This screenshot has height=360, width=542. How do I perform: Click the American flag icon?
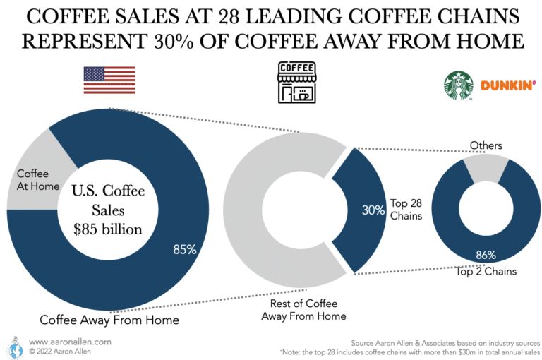tap(109, 80)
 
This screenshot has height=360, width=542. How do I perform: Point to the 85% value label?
tap(185, 248)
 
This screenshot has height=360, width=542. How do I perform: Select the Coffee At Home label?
tap(32, 179)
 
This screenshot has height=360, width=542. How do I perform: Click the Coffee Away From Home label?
tap(109, 320)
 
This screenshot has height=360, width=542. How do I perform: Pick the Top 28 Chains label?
tap(406, 210)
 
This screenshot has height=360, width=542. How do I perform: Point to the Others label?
tap(486, 146)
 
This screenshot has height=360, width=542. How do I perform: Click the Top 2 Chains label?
tap(486, 271)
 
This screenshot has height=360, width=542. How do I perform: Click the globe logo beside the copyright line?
tap(12, 344)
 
